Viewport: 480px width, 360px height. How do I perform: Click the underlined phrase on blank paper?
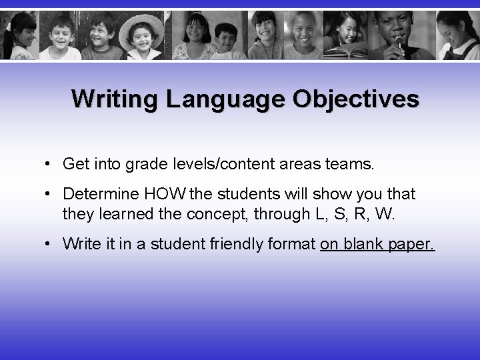click(377, 244)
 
